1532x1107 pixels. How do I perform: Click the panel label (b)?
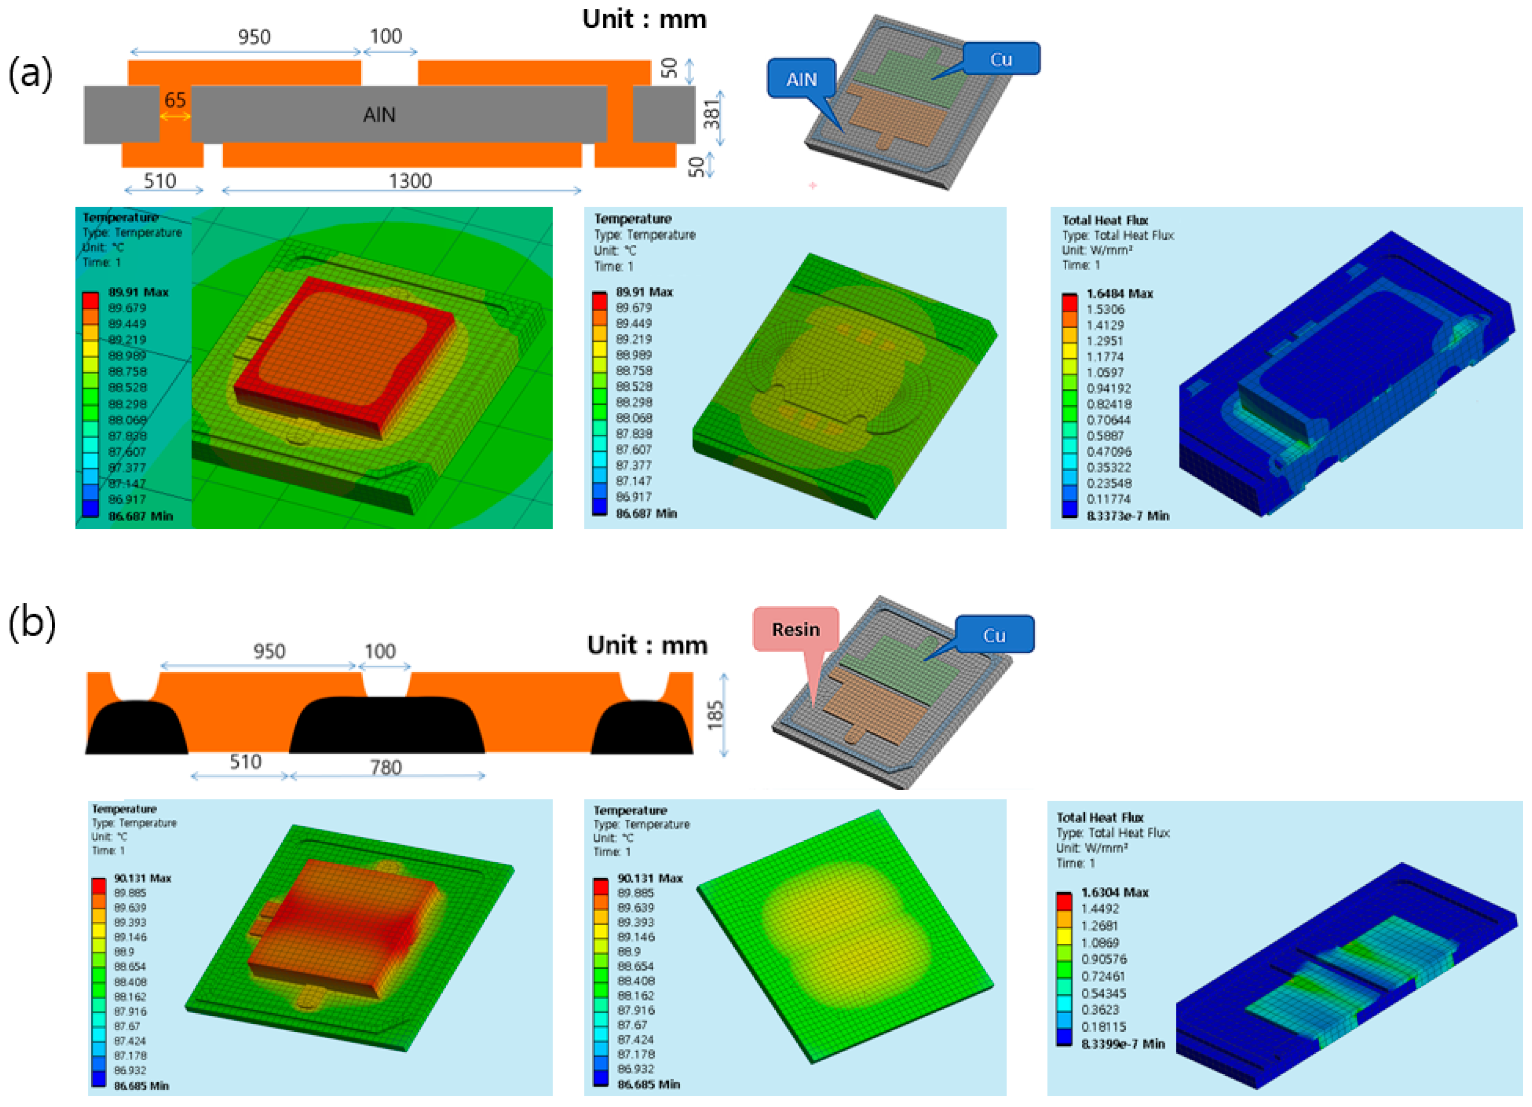coord(31,622)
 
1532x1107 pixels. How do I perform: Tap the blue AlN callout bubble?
coord(802,79)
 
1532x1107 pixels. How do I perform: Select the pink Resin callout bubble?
coord(796,629)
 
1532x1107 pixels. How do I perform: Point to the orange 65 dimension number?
coord(175,100)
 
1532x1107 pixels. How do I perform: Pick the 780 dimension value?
coord(386,767)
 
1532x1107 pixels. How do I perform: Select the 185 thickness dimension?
coord(715,714)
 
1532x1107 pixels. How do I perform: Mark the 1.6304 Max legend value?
coord(1115,892)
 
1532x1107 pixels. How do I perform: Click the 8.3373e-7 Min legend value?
coord(1127,516)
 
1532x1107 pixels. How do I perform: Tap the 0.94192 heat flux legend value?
coord(1108,388)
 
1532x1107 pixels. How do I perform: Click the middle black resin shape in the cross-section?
coord(386,726)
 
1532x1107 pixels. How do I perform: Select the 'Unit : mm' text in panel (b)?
coord(647,645)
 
